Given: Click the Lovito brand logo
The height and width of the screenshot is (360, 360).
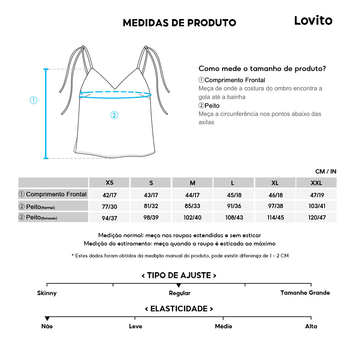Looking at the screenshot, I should click(x=313, y=21).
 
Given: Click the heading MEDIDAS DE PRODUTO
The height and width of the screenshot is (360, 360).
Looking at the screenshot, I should click(x=179, y=23).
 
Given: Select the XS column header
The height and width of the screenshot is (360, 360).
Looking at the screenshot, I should click(x=109, y=183).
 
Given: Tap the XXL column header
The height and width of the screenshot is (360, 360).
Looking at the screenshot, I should click(x=316, y=183).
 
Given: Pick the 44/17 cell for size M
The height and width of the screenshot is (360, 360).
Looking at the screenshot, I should click(x=193, y=195).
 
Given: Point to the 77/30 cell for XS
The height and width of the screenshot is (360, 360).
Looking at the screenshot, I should click(x=109, y=206).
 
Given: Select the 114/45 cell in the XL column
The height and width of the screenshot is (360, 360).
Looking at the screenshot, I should click(x=275, y=218).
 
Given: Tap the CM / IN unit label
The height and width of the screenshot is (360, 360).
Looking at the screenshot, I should click(x=325, y=171).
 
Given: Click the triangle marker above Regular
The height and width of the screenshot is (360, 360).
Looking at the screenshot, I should click(x=179, y=285).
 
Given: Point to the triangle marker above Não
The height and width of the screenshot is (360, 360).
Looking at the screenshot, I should click(x=47, y=319).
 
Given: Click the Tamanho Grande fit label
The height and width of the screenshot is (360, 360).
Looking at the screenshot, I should click(x=305, y=293).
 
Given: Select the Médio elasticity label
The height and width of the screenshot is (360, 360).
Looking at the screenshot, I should click(x=223, y=326).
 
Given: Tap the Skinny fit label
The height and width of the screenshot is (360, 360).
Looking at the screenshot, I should click(x=47, y=293).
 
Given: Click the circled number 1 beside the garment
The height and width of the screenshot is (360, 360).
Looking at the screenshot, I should click(x=33, y=100).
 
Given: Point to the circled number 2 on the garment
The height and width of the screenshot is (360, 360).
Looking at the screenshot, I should click(x=114, y=115).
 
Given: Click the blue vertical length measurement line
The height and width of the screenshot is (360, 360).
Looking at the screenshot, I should click(x=46, y=113).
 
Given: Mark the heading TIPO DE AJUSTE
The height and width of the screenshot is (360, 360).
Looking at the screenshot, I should click(x=179, y=275).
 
